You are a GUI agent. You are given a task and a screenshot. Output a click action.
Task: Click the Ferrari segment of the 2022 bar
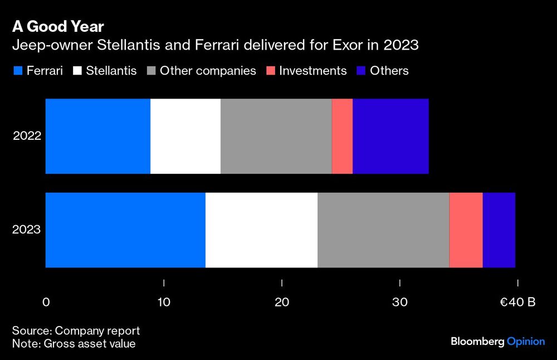97,137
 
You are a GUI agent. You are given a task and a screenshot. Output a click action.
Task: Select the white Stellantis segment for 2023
261,230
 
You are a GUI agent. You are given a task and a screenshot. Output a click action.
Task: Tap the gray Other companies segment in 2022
276,137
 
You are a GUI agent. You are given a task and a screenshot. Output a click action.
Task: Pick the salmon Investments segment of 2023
466,230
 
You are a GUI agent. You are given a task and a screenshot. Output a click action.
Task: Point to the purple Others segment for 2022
390,137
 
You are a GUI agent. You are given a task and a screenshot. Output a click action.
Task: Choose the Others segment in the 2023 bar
499,230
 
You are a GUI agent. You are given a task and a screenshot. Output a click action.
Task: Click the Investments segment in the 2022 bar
342,137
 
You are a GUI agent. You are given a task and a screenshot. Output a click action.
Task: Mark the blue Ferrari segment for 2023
125,230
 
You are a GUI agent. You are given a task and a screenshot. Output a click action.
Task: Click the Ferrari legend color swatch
17,71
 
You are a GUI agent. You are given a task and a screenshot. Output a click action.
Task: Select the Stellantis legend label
111,71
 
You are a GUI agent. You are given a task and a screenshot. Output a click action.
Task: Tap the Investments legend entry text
313,71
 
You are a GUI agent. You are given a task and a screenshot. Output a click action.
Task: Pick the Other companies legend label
208,71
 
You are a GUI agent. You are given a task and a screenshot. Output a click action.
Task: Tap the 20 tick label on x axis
282,303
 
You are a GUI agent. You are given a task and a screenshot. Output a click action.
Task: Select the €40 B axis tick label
517,303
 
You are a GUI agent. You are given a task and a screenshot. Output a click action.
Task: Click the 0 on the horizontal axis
46,303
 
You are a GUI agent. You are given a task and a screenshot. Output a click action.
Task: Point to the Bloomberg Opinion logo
497,341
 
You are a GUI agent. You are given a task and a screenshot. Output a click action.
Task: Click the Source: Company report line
76,330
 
